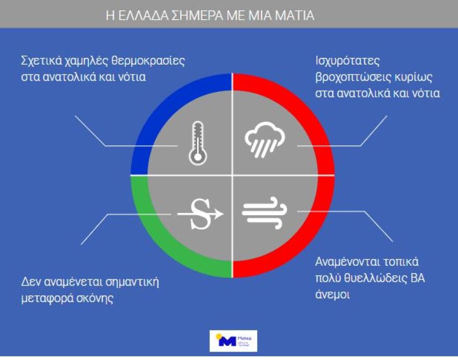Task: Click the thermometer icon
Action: (x=196, y=143)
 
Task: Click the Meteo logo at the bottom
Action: (x=233, y=342)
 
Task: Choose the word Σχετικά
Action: (x=40, y=60)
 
